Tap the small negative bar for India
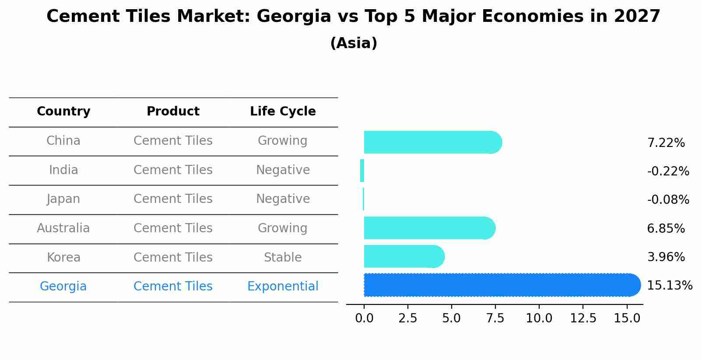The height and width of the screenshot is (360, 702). tap(362, 171)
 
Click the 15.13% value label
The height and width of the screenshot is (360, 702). tap(669, 286)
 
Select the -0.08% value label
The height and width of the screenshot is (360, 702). tap(668, 200)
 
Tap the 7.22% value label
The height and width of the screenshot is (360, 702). tap(666, 143)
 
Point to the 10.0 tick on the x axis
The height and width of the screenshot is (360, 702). tap(539, 318)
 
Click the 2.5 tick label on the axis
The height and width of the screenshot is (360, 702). tap(407, 318)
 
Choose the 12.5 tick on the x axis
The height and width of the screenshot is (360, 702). tap(583, 318)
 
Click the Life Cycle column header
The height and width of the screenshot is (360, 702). tap(283, 112)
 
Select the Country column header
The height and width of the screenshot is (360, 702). tap(63, 112)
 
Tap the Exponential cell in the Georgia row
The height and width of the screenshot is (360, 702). tap(283, 287)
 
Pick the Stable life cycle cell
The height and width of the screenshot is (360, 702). tap(283, 258)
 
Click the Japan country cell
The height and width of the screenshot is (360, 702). tap(63, 199)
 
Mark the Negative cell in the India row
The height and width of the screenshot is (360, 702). tap(283, 170)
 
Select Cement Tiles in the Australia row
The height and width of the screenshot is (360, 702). tap(173, 228)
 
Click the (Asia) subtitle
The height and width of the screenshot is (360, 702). tap(353, 43)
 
